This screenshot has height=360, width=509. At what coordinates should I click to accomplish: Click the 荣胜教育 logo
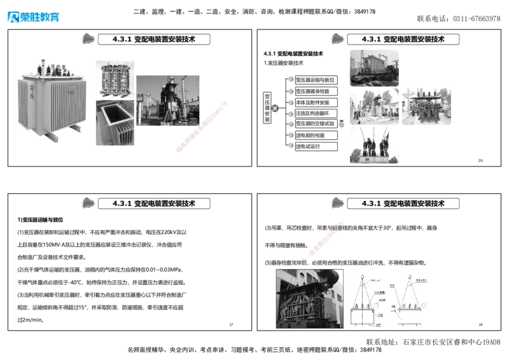(33, 16)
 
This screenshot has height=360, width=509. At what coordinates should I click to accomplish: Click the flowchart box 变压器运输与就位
(316, 80)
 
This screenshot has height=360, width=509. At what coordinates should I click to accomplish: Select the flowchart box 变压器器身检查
(316, 92)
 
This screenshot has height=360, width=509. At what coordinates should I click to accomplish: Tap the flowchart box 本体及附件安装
(316, 102)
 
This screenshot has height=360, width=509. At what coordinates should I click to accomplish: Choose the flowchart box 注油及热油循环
(316, 113)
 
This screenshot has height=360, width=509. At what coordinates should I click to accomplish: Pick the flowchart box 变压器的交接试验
(316, 124)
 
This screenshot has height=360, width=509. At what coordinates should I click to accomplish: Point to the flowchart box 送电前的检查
(316, 135)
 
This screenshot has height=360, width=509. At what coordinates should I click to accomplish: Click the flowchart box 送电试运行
(316, 146)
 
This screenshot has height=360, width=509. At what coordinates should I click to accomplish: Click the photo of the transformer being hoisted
(309, 298)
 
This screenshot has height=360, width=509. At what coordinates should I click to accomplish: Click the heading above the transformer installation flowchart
(403, 39)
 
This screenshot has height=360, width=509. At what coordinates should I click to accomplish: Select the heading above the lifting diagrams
(403, 204)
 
